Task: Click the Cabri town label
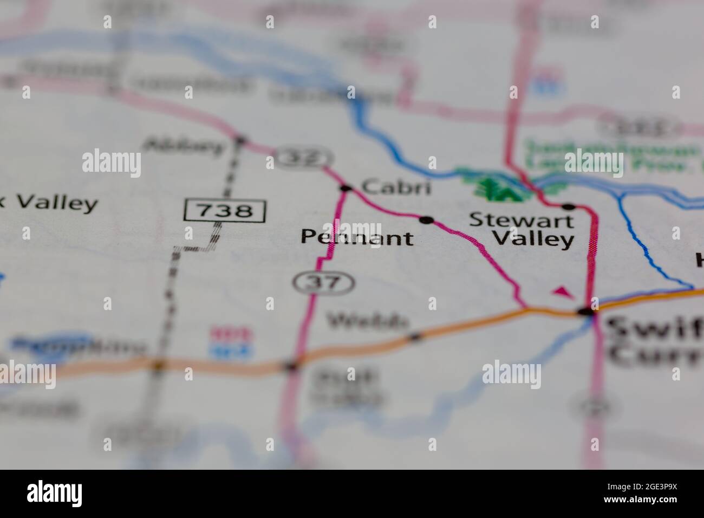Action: tap(396, 187)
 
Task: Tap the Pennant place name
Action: tap(356, 237)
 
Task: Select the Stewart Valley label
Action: tap(521, 229)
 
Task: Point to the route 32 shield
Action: tap(304, 158)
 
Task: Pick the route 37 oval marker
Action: tap(323, 282)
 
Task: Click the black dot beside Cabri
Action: tap(346, 189)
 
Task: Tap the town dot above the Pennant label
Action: tap(427, 219)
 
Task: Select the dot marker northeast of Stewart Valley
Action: tap(568, 206)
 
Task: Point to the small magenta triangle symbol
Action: tap(564, 292)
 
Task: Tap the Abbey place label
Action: tap(185, 145)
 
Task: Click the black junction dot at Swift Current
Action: tap(585, 312)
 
